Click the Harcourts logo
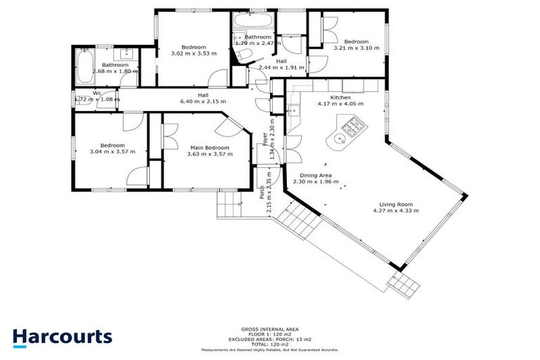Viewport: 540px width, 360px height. [x=62, y=336]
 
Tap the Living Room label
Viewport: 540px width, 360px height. [x=394, y=205]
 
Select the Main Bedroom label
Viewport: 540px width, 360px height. [x=210, y=148]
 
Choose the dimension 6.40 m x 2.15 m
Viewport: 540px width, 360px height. [x=202, y=101]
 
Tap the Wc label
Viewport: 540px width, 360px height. [x=96, y=93]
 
